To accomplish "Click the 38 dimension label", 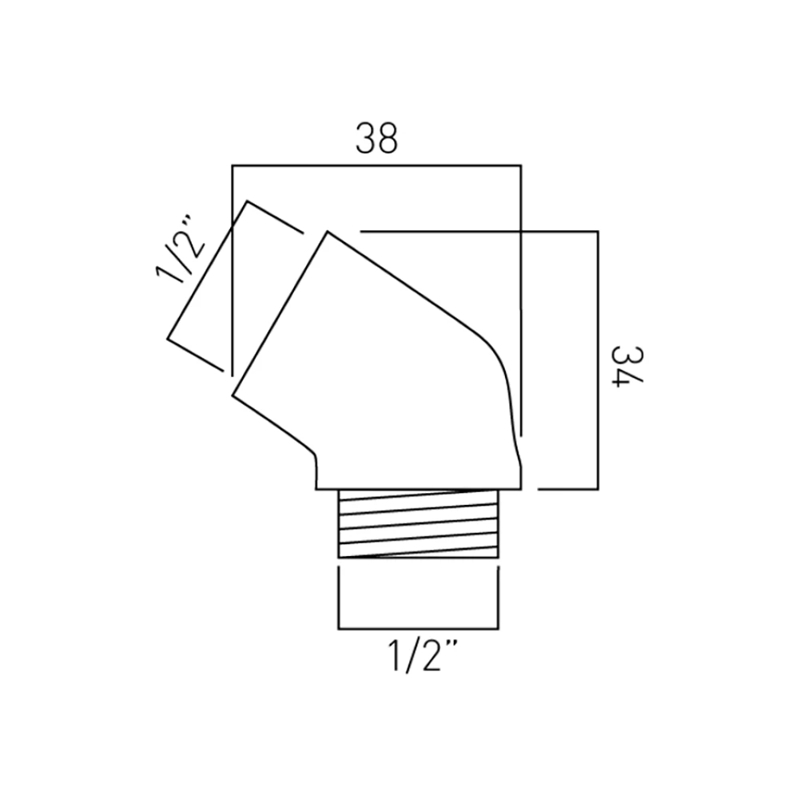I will pos(376,138).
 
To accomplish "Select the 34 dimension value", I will pos(626,365).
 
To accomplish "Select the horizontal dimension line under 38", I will pos(376,165).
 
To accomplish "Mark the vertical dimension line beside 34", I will pos(597,360).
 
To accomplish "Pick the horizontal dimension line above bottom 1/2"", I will pos(419,629).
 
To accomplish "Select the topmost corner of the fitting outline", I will pos(327,232).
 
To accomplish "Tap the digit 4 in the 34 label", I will pos(626,379).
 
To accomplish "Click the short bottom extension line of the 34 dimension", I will pos(566,489).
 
